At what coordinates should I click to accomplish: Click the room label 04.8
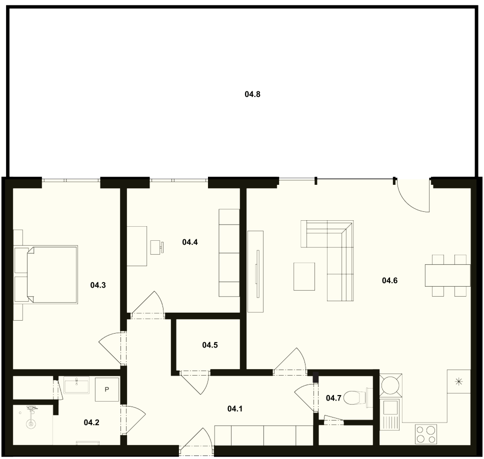pyautogui.click(x=252, y=94)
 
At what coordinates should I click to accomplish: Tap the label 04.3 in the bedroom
pyautogui.click(x=98, y=285)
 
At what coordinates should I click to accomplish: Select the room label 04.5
pyautogui.click(x=210, y=345)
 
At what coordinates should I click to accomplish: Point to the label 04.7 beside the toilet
pyautogui.click(x=333, y=398)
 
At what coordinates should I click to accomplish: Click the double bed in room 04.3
pyautogui.click(x=52, y=274)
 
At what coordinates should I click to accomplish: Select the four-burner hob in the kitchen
pyautogui.click(x=426, y=434)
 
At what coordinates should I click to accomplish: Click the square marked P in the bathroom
pyautogui.click(x=107, y=390)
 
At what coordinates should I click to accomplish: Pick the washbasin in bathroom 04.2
pyautogui.click(x=76, y=385)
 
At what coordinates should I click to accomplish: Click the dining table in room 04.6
pyautogui.click(x=447, y=275)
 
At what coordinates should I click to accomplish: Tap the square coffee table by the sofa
pyautogui.click(x=304, y=276)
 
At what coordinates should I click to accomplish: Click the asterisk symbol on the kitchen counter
pyautogui.click(x=459, y=382)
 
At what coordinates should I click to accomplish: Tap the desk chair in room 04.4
pyautogui.click(x=157, y=247)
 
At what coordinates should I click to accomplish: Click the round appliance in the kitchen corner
pyautogui.click(x=390, y=385)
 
